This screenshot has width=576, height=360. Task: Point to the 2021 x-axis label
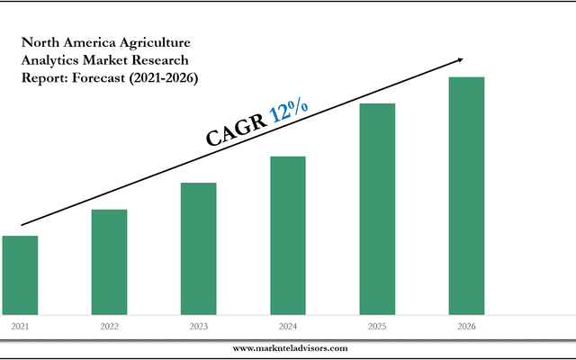tap(20, 326)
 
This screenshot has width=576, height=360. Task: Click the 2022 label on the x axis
tap(109, 326)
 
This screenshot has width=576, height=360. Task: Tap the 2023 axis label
tap(198, 326)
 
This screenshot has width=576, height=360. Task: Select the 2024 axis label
tap(288, 326)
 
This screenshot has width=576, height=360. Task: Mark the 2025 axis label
tap(377, 326)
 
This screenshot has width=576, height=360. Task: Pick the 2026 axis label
tap(466, 326)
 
